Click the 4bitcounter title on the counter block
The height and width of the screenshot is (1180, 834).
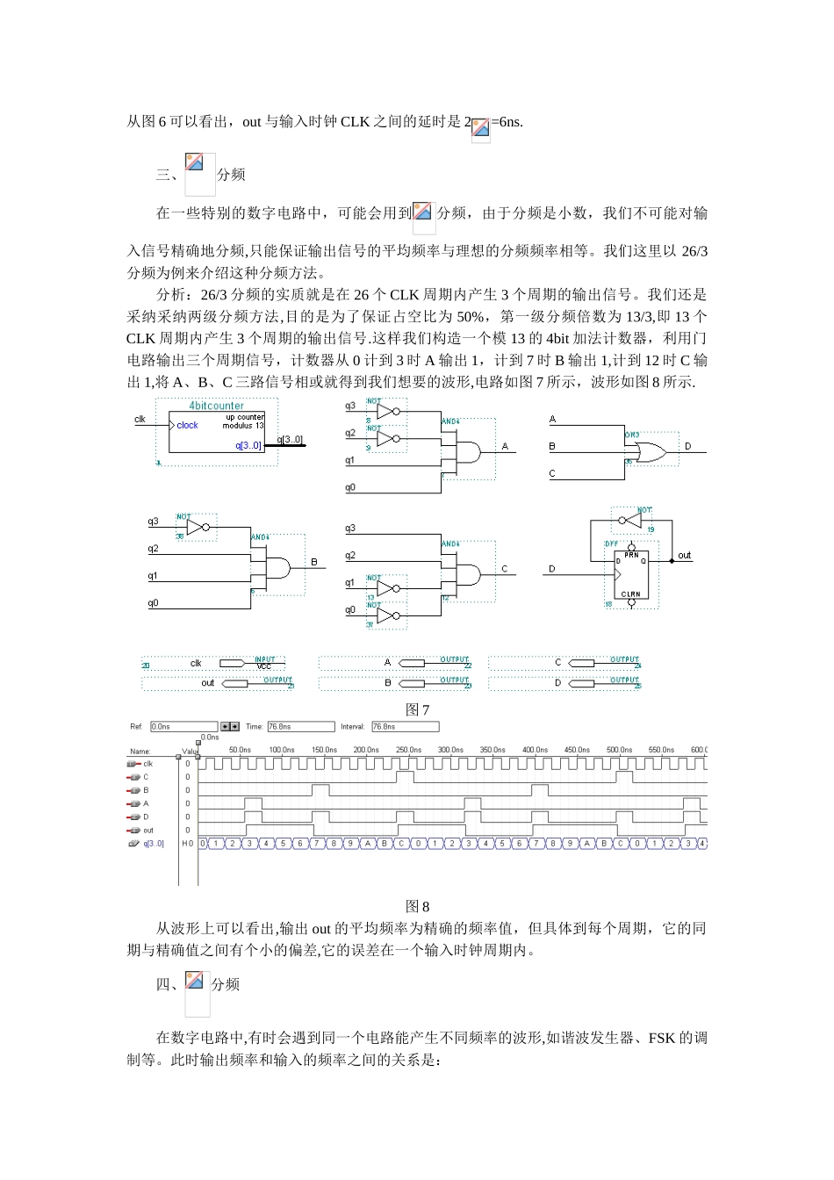pos(216,406)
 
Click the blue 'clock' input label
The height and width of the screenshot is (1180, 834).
pos(187,425)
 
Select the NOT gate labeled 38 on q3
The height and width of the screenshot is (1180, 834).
pos(199,527)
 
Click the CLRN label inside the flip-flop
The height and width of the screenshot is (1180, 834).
pos(631,594)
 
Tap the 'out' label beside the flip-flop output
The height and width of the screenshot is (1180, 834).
pos(685,555)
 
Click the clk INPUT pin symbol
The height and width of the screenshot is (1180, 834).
pos(234,663)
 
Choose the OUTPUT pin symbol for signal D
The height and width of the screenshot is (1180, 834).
pos(583,683)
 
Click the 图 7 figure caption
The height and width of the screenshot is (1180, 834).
pos(417,709)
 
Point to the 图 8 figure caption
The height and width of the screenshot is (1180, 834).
pos(417,907)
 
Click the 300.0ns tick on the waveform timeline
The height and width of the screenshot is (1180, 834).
pos(450,750)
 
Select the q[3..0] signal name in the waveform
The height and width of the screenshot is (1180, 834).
pos(154,844)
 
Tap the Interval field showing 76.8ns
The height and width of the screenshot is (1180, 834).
pos(404,727)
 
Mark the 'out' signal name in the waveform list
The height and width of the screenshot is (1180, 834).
pos(148,831)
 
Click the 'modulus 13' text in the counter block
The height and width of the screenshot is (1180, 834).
pos(243,425)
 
